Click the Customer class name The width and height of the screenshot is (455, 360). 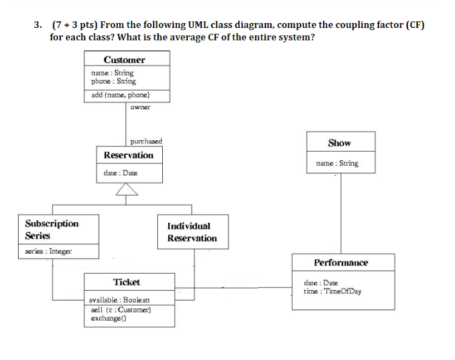(125, 59)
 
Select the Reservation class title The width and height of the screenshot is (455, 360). (128, 155)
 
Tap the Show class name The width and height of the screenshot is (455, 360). (339, 143)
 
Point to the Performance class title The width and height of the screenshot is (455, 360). (341, 262)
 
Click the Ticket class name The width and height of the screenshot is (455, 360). (126, 282)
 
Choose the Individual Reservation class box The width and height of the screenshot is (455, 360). (192, 232)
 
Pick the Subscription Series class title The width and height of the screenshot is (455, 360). (52, 229)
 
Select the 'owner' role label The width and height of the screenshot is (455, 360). (140, 107)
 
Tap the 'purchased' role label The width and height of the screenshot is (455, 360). (146, 141)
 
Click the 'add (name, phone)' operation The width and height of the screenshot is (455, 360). (120, 95)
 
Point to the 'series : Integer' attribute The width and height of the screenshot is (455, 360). (48, 251)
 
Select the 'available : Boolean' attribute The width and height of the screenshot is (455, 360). (118, 300)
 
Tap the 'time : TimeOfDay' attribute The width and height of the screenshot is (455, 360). (332, 291)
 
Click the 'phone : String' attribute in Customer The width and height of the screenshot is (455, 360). (113, 81)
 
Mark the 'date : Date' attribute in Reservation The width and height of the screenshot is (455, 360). (120, 173)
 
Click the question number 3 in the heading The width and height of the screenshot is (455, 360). (38, 25)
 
